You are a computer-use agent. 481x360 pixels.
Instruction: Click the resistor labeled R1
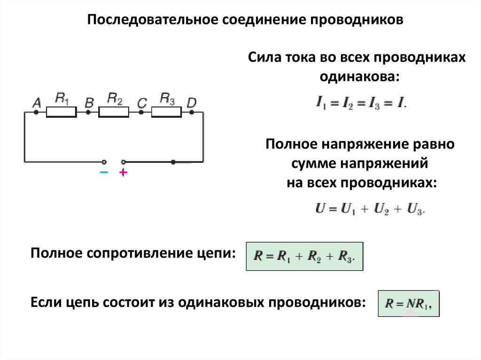[x=62, y=112]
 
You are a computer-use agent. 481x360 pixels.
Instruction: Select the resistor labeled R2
[x=114, y=112]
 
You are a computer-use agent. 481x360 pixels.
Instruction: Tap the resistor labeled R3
[x=166, y=112]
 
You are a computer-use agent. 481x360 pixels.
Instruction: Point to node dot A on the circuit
[x=36, y=113]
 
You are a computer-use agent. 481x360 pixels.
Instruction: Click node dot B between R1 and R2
[x=88, y=113]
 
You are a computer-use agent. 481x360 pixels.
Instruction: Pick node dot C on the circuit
[x=141, y=113]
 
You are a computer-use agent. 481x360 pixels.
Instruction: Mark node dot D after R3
[x=192, y=113]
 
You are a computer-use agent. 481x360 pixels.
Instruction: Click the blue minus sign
[x=104, y=172]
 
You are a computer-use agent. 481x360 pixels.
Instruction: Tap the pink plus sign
[x=123, y=172]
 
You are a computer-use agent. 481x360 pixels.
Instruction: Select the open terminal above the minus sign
[x=104, y=162]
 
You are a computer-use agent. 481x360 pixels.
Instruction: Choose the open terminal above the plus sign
[x=124, y=162]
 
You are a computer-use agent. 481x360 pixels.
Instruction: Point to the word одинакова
[x=360, y=77]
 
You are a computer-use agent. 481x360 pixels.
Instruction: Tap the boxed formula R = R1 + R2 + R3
[x=304, y=256]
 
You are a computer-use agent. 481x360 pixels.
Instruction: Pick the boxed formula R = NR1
[x=409, y=304]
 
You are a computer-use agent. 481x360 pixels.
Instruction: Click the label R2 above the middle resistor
[x=115, y=99]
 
